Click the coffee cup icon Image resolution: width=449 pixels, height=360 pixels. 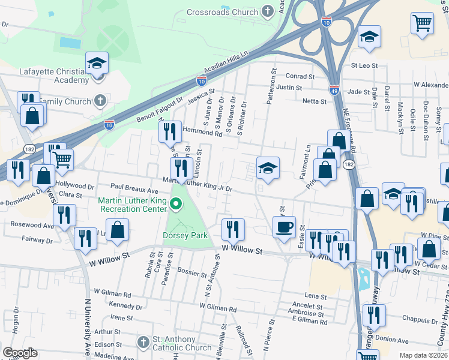pyautogui.click(x=283, y=227)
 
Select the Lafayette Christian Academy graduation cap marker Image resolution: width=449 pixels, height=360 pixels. pyautogui.click(x=96, y=63)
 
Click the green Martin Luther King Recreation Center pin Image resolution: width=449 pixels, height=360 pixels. pyautogui.click(x=176, y=206)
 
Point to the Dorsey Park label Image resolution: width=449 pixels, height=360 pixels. pyautogui.click(x=185, y=236)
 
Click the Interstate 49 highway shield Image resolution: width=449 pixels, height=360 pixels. pyautogui.click(x=333, y=90)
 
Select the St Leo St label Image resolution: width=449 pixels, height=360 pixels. pyautogui.click(x=364, y=65)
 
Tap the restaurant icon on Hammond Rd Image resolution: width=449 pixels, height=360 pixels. pyautogui.click(x=170, y=131)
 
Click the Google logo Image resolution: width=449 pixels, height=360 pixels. pyautogui.click(x=20, y=353)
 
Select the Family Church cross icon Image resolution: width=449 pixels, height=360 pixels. pyautogui.click(x=100, y=100)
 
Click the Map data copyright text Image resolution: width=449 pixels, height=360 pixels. pyautogui.click(x=423, y=355)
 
